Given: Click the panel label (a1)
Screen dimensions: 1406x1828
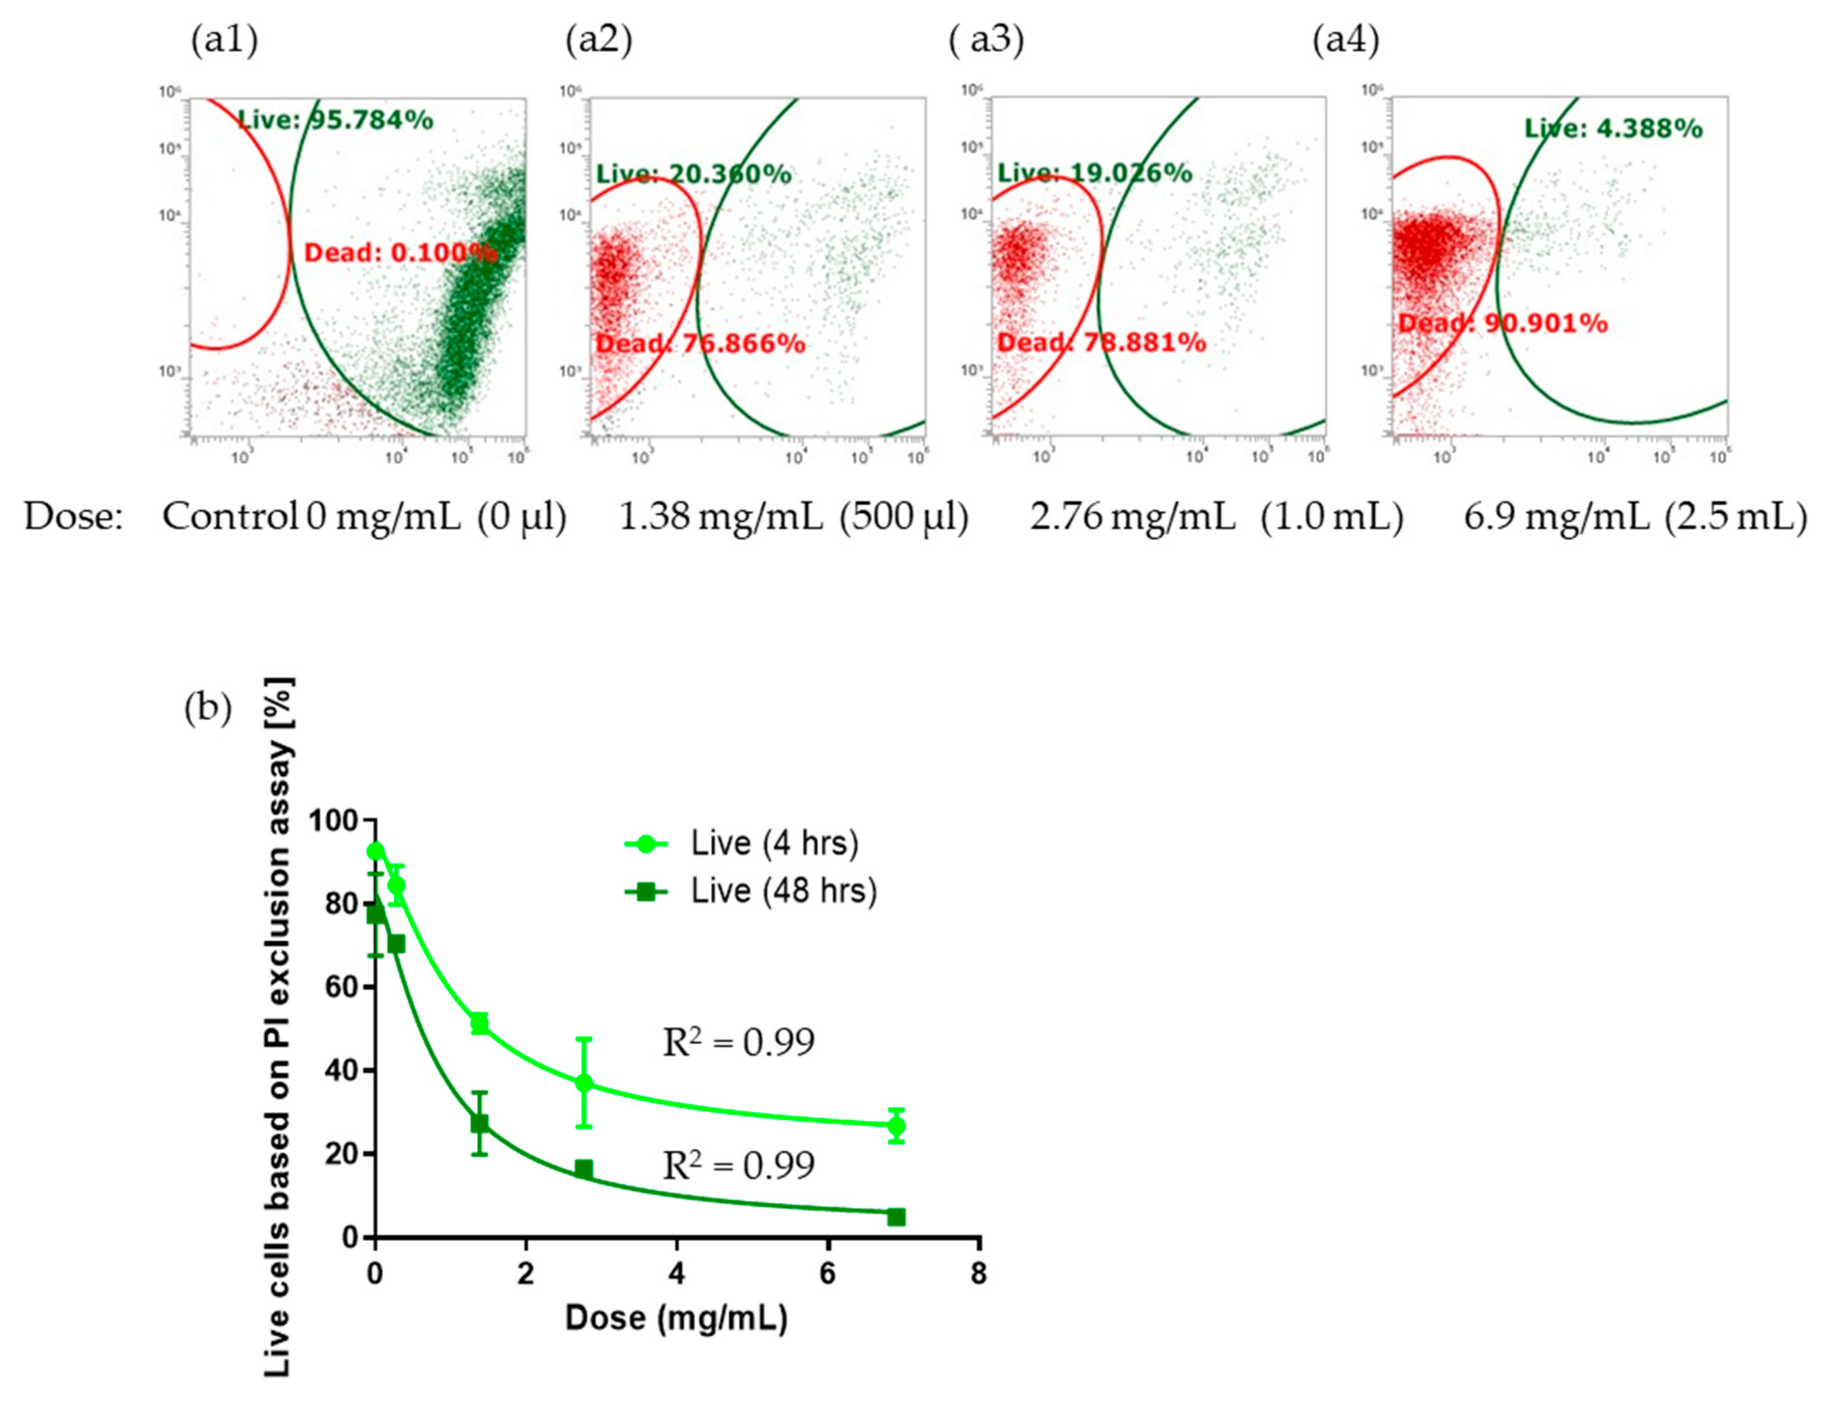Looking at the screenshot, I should pos(224,40).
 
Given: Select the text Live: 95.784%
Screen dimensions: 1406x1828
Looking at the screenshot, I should pos(335,121).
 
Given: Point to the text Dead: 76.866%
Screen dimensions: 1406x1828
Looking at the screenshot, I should pos(701,343).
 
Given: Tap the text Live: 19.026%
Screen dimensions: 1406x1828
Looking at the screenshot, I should pos(1095,173).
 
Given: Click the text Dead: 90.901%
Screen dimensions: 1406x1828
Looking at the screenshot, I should pos(1503,323).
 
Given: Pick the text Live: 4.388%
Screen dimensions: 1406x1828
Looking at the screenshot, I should pos(1613,129).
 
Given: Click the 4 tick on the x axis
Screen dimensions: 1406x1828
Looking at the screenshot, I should pos(676,1274).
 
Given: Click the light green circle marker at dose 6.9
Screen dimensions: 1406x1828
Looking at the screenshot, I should pos(895,1125).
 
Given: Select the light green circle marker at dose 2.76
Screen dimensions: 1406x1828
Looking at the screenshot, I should pos(584,1083).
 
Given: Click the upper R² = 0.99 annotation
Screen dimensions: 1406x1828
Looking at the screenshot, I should pos(738,1043).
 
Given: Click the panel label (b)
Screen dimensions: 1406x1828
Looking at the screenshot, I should pos(208,708).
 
